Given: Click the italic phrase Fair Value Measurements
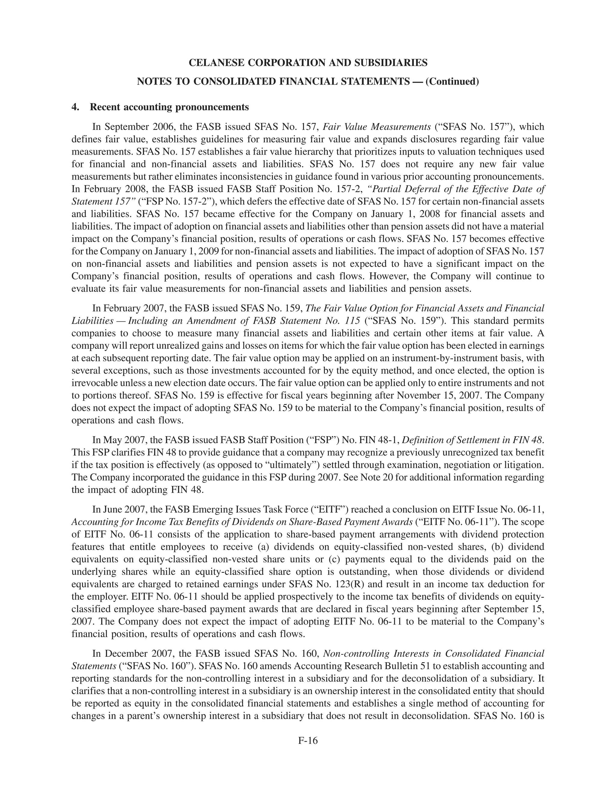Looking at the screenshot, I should pyautogui.click(x=377, y=127).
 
